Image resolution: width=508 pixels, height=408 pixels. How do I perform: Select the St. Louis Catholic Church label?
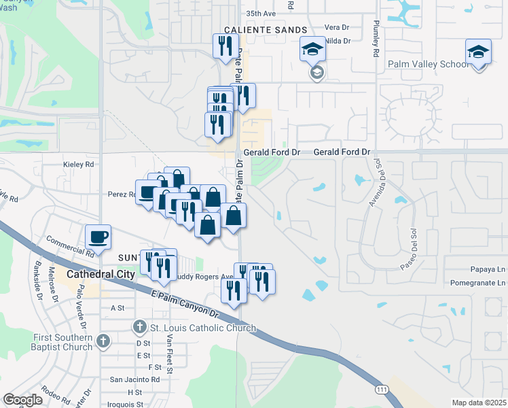[203, 328]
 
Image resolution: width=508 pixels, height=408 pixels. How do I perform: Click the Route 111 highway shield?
[382, 388]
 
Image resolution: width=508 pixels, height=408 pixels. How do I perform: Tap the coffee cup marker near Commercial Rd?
[98, 237]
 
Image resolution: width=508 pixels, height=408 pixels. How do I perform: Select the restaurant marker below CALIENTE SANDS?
[223, 46]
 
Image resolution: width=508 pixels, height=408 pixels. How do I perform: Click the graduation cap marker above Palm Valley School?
[478, 52]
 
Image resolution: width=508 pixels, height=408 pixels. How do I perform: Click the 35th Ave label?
[261, 13]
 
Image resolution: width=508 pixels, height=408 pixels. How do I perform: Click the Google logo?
[22, 399]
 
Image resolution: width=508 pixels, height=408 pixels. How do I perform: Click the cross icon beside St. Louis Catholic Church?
[140, 328]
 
